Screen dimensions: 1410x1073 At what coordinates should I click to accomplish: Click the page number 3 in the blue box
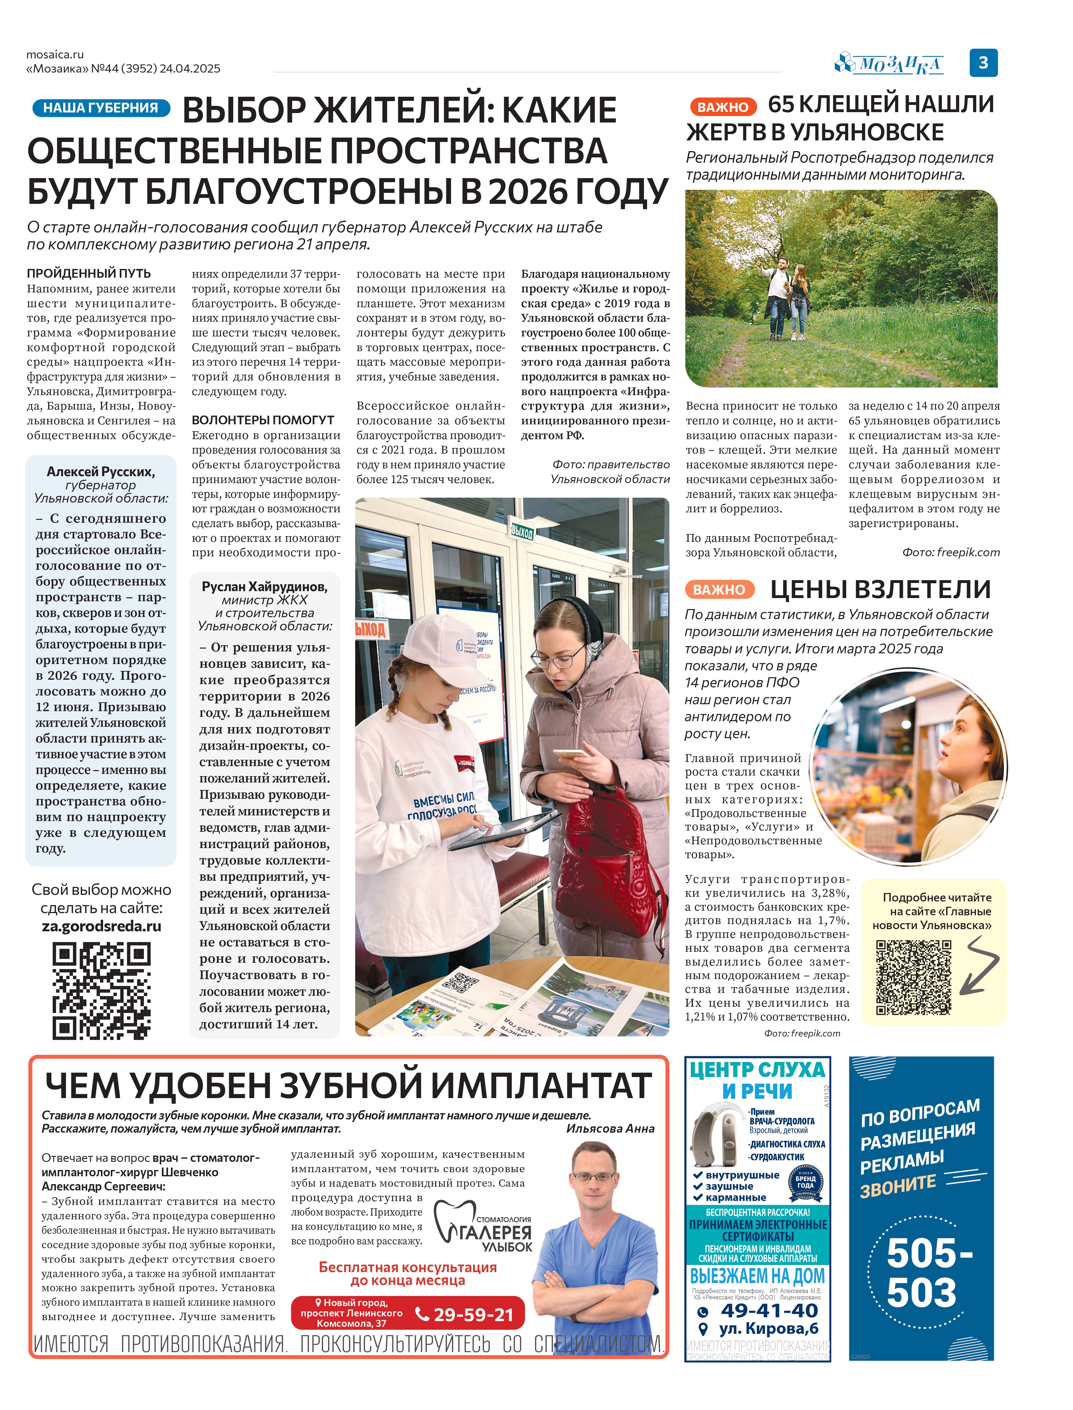(x=983, y=63)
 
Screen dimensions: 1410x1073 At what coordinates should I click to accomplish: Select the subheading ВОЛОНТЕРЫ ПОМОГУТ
(x=263, y=420)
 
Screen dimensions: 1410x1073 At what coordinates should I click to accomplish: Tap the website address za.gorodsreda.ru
(x=102, y=926)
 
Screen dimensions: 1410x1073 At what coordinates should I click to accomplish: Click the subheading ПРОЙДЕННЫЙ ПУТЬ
(x=89, y=273)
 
